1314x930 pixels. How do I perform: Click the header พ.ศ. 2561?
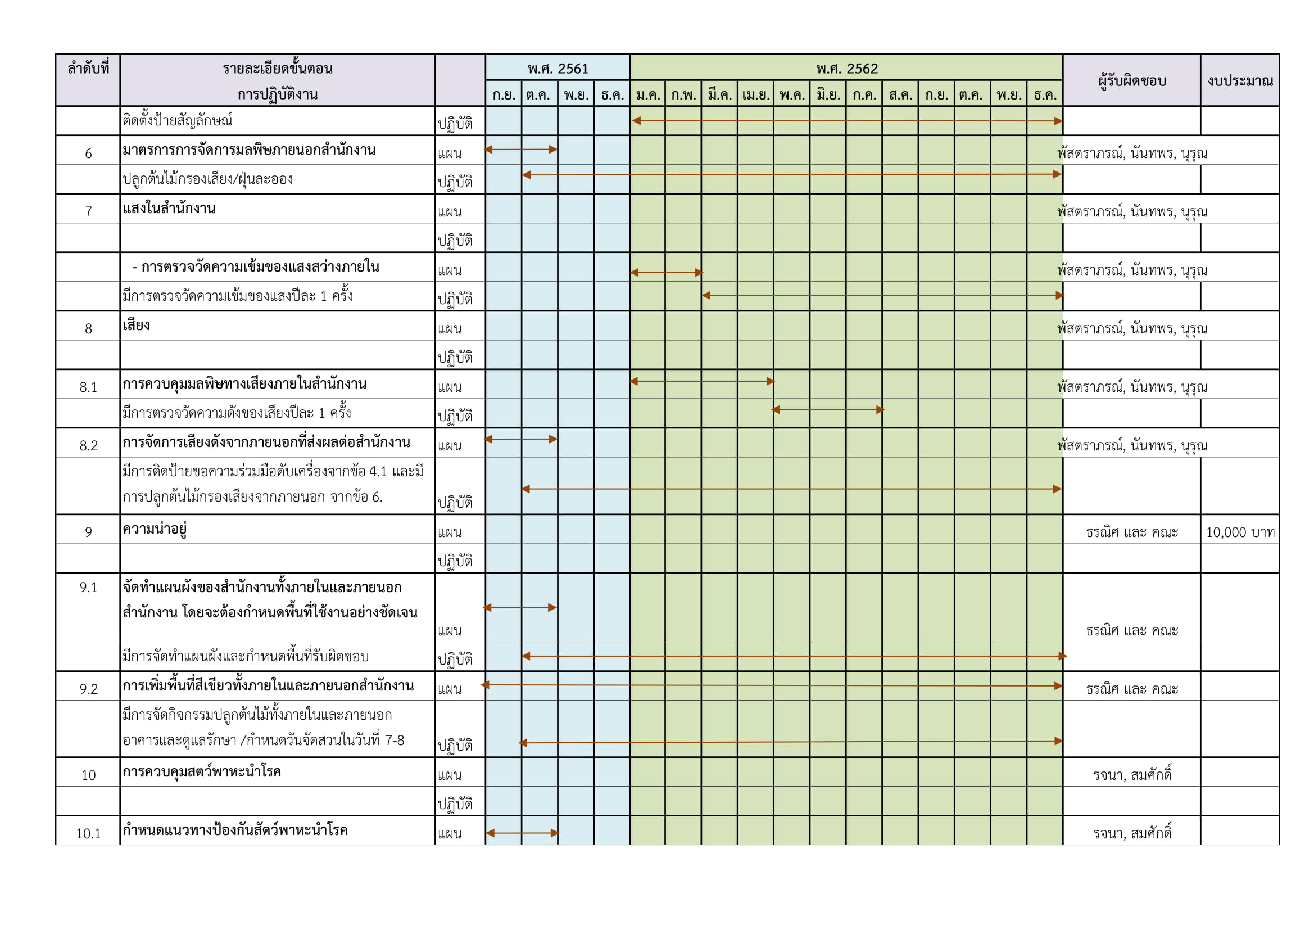point(558,69)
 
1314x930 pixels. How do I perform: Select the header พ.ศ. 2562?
point(846,69)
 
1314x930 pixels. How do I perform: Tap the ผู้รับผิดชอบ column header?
point(1131,81)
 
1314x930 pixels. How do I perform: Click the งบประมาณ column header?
point(1240,81)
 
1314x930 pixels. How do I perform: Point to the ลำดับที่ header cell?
point(88,69)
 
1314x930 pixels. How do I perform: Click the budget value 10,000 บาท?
point(1240,532)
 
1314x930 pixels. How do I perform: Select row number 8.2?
point(88,445)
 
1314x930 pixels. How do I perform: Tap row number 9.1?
point(88,588)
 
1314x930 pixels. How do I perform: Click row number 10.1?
point(88,833)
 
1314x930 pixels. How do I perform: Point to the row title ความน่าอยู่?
point(155,529)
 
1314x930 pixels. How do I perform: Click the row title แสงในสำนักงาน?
point(169,209)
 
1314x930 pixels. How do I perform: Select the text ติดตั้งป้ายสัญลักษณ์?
point(178,121)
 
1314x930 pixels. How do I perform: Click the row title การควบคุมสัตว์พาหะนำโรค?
point(201,772)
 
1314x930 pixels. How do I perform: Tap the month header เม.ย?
point(755,95)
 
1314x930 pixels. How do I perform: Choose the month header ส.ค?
point(900,95)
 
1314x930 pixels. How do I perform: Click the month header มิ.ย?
point(828,95)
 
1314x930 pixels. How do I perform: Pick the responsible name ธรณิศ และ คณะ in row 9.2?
point(1131,689)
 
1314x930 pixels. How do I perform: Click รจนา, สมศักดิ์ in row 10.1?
point(1131,833)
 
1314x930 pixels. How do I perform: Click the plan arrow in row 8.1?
point(701,381)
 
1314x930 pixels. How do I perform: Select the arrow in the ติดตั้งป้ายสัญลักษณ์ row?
point(846,121)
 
